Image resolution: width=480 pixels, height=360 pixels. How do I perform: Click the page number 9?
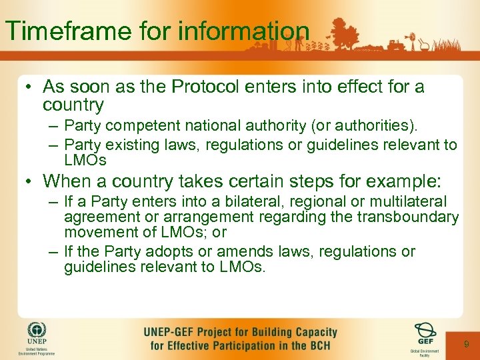coord(466,344)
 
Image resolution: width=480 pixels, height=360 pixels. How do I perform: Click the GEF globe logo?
coord(425,331)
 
